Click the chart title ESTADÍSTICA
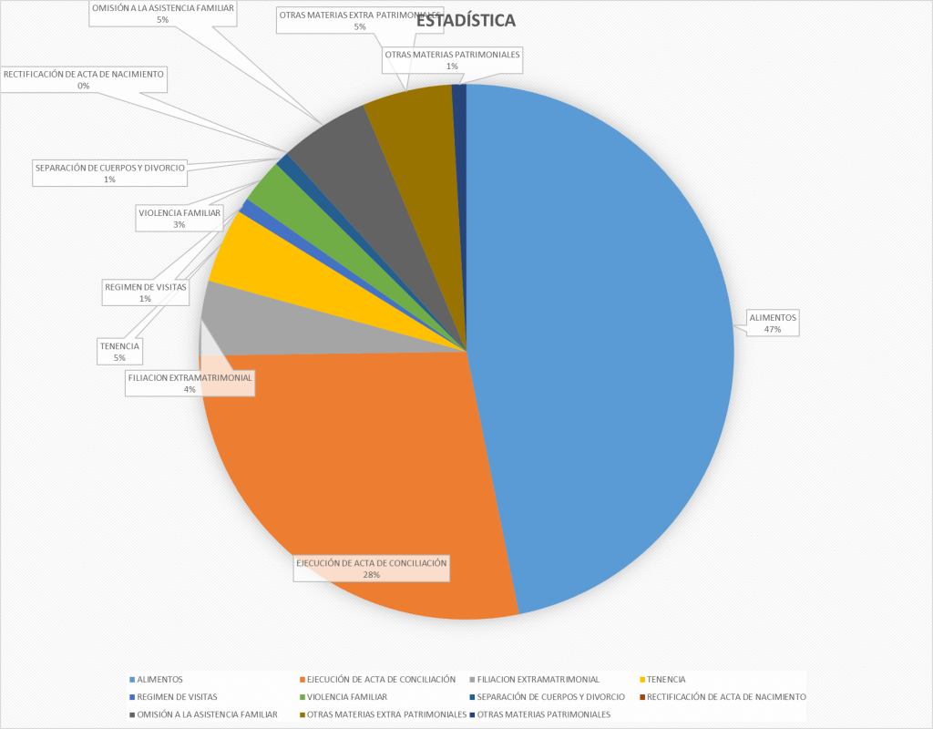(x=466, y=20)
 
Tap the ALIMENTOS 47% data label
(x=773, y=323)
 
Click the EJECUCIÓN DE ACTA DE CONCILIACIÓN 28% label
(x=371, y=569)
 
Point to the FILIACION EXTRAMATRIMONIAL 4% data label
(x=190, y=383)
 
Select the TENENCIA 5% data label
(x=120, y=352)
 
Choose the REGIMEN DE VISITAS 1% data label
(x=146, y=293)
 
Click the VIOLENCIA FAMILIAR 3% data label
(x=179, y=218)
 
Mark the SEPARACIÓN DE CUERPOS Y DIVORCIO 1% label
(x=109, y=173)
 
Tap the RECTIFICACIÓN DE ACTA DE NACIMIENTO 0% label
(x=84, y=80)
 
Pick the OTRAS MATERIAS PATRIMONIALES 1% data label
(x=453, y=60)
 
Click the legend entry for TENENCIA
(x=665, y=680)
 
